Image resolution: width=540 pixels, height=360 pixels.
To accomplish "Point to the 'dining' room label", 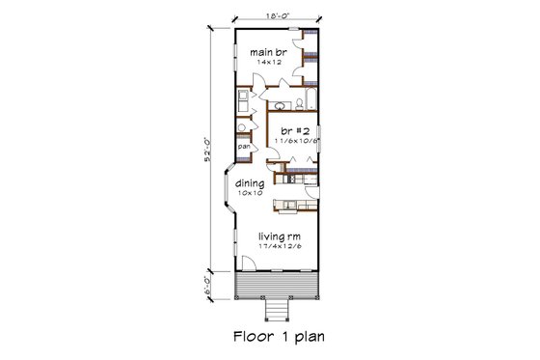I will click(x=251, y=181).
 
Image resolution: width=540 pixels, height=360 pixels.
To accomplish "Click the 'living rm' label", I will click(x=278, y=235).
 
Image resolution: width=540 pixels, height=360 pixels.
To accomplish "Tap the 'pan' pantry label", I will click(x=244, y=147).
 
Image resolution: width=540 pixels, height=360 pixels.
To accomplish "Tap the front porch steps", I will click(x=278, y=309).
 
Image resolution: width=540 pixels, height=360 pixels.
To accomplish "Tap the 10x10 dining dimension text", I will click(x=251, y=193).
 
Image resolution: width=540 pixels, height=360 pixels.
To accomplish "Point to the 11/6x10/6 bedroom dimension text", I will click(x=297, y=141).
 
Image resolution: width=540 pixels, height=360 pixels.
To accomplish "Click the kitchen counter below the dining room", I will click(x=291, y=203).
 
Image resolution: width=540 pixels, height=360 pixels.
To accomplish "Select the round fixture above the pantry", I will click(x=242, y=125).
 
